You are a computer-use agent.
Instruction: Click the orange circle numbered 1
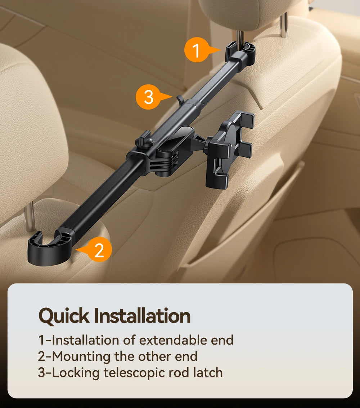coord(196,50)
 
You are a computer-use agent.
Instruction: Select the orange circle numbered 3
coord(148,97)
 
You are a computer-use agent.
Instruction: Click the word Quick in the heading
coord(64,316)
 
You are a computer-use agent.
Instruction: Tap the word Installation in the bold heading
coord(142,316)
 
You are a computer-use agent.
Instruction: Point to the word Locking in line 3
coord(77,373)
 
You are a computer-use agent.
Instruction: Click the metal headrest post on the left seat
coord(31,216)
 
